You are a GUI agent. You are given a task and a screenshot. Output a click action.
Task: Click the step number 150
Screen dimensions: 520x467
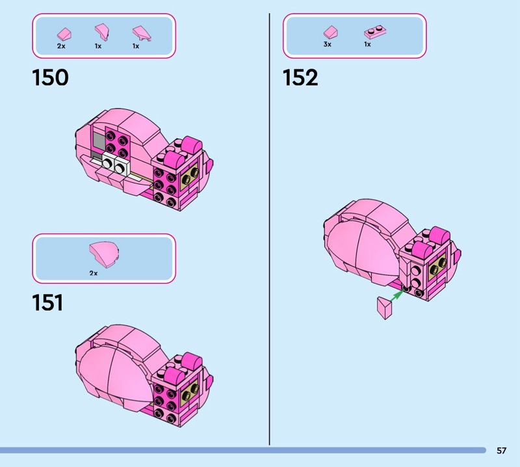51,77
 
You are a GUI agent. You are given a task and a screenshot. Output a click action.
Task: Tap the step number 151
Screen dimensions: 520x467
47,302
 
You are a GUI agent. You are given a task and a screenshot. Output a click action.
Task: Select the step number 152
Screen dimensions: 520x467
300,77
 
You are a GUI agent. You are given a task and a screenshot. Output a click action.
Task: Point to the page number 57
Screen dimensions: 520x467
501,450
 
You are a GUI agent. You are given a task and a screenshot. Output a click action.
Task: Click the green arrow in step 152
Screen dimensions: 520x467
396,295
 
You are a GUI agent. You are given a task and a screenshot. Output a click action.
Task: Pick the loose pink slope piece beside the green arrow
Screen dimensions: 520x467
385,308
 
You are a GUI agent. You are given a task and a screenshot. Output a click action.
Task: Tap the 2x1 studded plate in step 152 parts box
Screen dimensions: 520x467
375,32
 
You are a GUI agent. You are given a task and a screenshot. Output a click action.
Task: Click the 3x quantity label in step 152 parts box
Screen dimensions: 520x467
328,44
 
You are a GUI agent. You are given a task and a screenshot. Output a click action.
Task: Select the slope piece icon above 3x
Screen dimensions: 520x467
330,32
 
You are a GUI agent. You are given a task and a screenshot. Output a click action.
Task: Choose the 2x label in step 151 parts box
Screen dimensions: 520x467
94,273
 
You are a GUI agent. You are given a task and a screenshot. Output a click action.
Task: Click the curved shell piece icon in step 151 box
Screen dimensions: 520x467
104,254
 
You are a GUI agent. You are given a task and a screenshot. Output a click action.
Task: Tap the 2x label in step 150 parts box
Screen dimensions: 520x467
61,46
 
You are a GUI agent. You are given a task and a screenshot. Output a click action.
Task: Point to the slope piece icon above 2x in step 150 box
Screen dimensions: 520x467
64,34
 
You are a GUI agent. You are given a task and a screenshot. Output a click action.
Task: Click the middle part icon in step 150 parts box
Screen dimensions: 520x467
102,32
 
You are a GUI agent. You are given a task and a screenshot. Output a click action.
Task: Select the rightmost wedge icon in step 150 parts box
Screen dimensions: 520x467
142,34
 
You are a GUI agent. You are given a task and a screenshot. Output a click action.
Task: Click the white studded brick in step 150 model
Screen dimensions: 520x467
115,165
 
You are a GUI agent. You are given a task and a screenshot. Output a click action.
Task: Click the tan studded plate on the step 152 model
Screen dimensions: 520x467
437,267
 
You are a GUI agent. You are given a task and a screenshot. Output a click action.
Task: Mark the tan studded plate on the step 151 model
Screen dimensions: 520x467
189,392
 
